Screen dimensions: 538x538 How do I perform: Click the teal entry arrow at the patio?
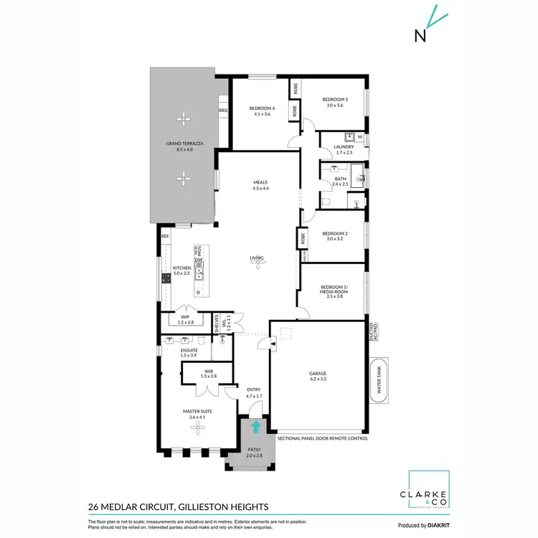[x=255, y=427]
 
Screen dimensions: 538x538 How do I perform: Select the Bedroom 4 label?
[x=260, y=110]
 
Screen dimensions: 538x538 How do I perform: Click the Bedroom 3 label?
[x=334, y=102]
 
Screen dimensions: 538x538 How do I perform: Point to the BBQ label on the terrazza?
[x=222, y=110]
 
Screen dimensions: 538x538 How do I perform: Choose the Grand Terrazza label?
[x=184, y=146]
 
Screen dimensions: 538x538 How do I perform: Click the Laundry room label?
[x=344, y=149]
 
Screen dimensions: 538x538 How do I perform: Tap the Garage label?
[x=318, y=375]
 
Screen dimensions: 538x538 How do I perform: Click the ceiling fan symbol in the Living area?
[x=256, y=264]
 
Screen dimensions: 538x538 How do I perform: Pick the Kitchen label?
[x=181, y=270]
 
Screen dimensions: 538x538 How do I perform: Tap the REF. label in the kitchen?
[x=165, y=236]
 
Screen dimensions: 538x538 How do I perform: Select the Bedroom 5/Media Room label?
[x=334, y=292]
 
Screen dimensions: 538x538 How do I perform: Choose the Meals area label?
[x=260, y=185]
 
